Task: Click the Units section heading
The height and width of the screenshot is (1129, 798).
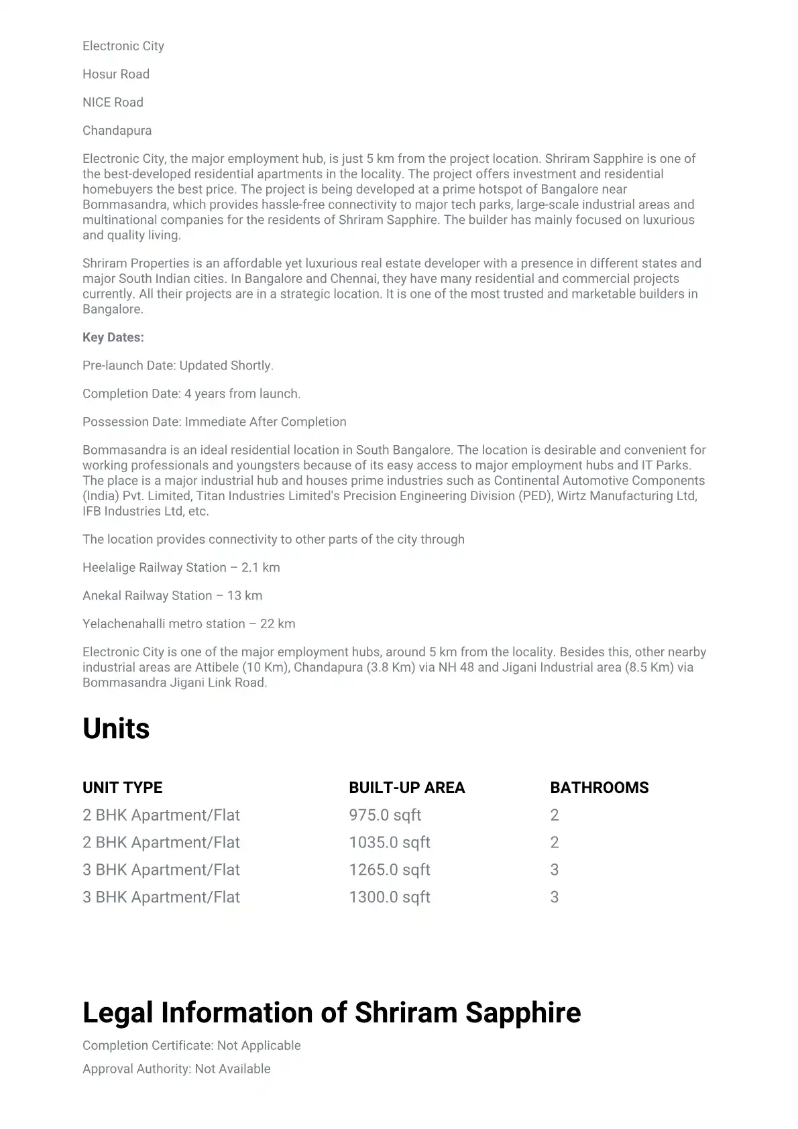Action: tap(116, 729)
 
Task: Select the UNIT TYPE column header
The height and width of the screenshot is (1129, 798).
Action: tap(123, 788)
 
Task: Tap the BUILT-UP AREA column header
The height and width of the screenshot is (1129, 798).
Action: tap(406, 788)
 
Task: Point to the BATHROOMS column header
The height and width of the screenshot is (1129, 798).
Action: tap(599, 788)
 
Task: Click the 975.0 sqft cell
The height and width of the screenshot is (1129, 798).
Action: tap(385, 815)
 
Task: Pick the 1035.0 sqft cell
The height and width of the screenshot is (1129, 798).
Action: tap(390, 843)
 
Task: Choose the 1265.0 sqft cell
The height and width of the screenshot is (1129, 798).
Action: tap(390, 870)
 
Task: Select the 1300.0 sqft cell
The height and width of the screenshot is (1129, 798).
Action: tap(390, 898)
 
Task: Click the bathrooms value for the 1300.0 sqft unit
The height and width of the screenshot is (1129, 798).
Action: tap(555, 898)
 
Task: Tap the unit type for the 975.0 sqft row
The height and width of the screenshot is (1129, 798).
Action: tap(161, 815)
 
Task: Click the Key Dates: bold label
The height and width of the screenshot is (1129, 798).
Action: tap(113, 338)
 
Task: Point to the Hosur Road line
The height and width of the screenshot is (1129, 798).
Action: tap(116, 74)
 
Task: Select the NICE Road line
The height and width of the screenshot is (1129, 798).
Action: tap(113, 103)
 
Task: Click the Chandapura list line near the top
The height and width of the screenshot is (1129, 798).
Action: tap(117, 131)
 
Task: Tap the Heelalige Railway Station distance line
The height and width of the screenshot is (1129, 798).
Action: tap(181, 568)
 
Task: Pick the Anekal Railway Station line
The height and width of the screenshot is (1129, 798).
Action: tap(172, 596)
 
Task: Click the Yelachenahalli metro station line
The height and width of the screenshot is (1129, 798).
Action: tap(188, 624)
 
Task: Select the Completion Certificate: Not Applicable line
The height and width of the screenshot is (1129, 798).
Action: tap(192, 1046)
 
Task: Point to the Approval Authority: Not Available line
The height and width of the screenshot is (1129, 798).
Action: tap(176, 1069)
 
